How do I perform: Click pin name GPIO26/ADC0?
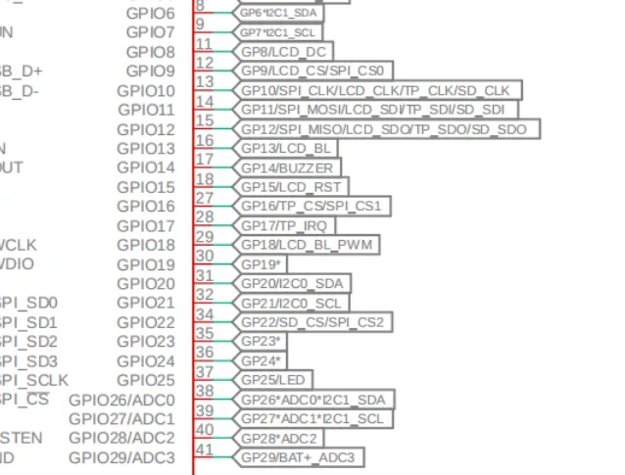pos(121,400)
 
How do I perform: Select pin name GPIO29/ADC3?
pos(121,457)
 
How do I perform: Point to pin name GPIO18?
pos(146,245)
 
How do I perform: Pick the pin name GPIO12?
pos(146,129)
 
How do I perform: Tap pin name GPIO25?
pos(146,380)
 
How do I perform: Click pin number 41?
pos(204,450)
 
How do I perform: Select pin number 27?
pos(204,198)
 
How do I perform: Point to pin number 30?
pos(204,257)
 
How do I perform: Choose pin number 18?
pos(204,179)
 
